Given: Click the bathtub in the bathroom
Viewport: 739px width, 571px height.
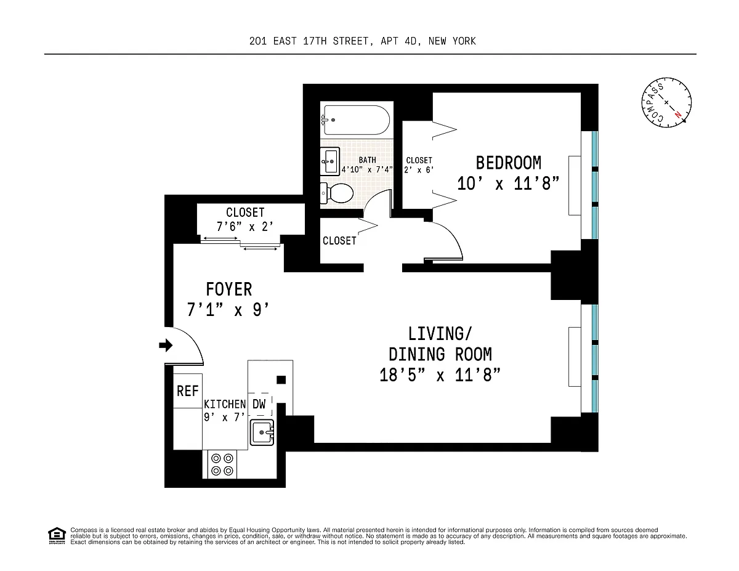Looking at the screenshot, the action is click(357, 120).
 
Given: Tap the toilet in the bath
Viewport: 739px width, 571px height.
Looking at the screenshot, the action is click(337, 193).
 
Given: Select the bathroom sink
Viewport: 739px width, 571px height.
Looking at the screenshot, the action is click(330, 161).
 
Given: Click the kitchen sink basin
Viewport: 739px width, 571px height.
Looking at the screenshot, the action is click(262, 432).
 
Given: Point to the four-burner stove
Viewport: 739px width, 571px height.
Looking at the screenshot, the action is click(222, 464).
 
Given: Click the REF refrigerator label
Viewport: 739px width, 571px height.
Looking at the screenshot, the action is click(187, 391).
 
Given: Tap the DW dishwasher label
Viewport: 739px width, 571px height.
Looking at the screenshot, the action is click(259, 404).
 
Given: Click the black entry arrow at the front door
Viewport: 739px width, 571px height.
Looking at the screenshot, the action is click(166, 345).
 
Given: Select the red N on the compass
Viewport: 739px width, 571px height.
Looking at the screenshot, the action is click(678, 115).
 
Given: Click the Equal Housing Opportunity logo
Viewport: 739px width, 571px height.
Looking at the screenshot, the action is click(57, 536).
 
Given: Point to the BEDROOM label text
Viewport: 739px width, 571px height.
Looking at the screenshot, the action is click(509, 163).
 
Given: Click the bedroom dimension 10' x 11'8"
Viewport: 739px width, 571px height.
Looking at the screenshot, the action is click(508, 184).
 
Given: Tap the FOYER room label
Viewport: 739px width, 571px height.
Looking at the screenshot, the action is click(229, 290).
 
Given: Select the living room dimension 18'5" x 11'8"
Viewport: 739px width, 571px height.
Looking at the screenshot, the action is click(440, 375).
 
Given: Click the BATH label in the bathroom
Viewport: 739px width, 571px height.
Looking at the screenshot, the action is click(367, 160).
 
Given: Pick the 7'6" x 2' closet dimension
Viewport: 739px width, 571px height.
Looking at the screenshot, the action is click(245, 227).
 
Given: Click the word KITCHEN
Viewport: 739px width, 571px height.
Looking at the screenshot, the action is click(225, 404).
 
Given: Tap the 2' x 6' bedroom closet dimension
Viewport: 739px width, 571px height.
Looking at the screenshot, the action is click(419, 169).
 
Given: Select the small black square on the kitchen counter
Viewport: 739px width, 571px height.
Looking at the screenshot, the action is click(281, 380).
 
